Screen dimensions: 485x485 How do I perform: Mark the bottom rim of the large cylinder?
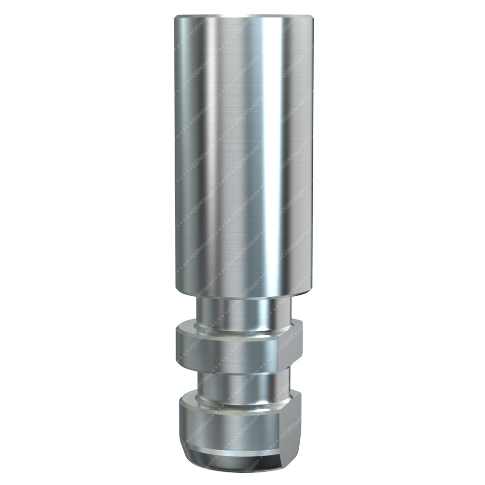242,294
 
